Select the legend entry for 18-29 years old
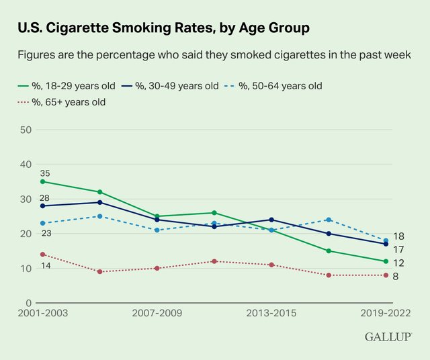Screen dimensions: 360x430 pyautogui.click(x=64, y=86)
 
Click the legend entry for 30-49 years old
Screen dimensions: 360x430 pyautogui.click(x=171, y=86)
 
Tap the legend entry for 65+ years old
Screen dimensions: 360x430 pyautogui.click(x=60, y=102)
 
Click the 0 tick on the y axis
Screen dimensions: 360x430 pyautogui.click(x=28, y=303)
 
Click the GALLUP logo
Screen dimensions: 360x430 pyautogui.click(x=388, y=336)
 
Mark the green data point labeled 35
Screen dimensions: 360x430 pyautogui.click(x=42, y=181)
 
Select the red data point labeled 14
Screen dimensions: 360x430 pyautogui.click(x=42, y=255)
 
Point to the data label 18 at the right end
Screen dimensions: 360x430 pyautogui.click(x=398, y=236)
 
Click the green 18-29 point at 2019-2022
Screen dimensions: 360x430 pyautogui.click(x=386, y=261)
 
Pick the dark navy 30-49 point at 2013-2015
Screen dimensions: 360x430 pyautogui.click(x=271, y=220)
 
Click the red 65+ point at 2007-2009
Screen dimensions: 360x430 pyautogui.click(x=157, y=268)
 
